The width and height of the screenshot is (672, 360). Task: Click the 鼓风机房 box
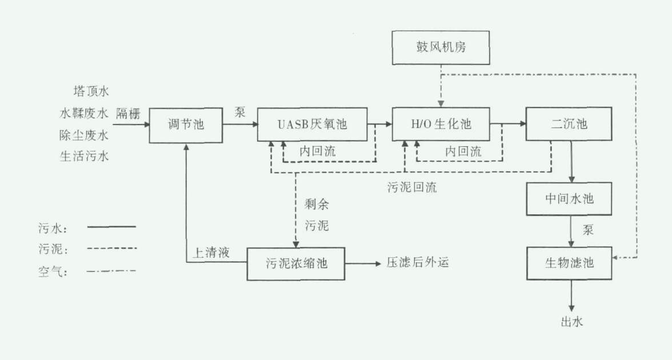(441, 47)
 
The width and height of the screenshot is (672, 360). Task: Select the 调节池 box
(185, 124)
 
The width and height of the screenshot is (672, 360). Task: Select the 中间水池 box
(569, 199)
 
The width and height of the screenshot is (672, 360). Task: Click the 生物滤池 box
(569, 263)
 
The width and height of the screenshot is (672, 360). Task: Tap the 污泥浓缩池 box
(295, 264)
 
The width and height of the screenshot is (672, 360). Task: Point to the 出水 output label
(571, 322)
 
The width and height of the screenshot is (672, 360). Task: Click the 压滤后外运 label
(418, 263)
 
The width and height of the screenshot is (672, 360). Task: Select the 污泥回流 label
(411, 187)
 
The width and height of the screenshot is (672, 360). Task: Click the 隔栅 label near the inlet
(128, 113)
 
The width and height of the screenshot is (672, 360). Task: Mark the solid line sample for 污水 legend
(111, 227)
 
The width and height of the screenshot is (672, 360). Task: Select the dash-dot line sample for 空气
(111, 270)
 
